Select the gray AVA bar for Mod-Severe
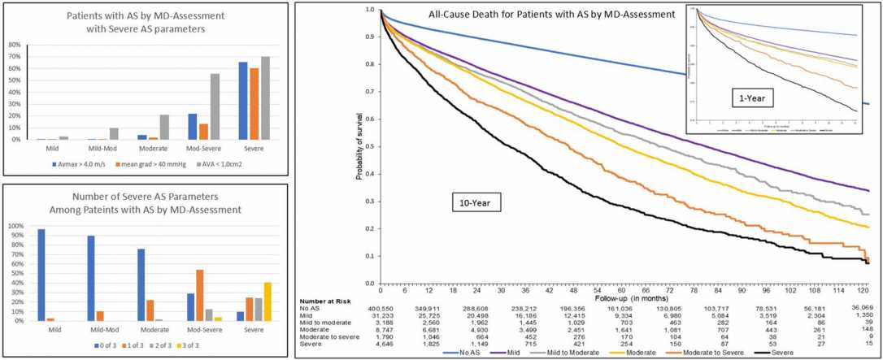coord(215,106)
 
